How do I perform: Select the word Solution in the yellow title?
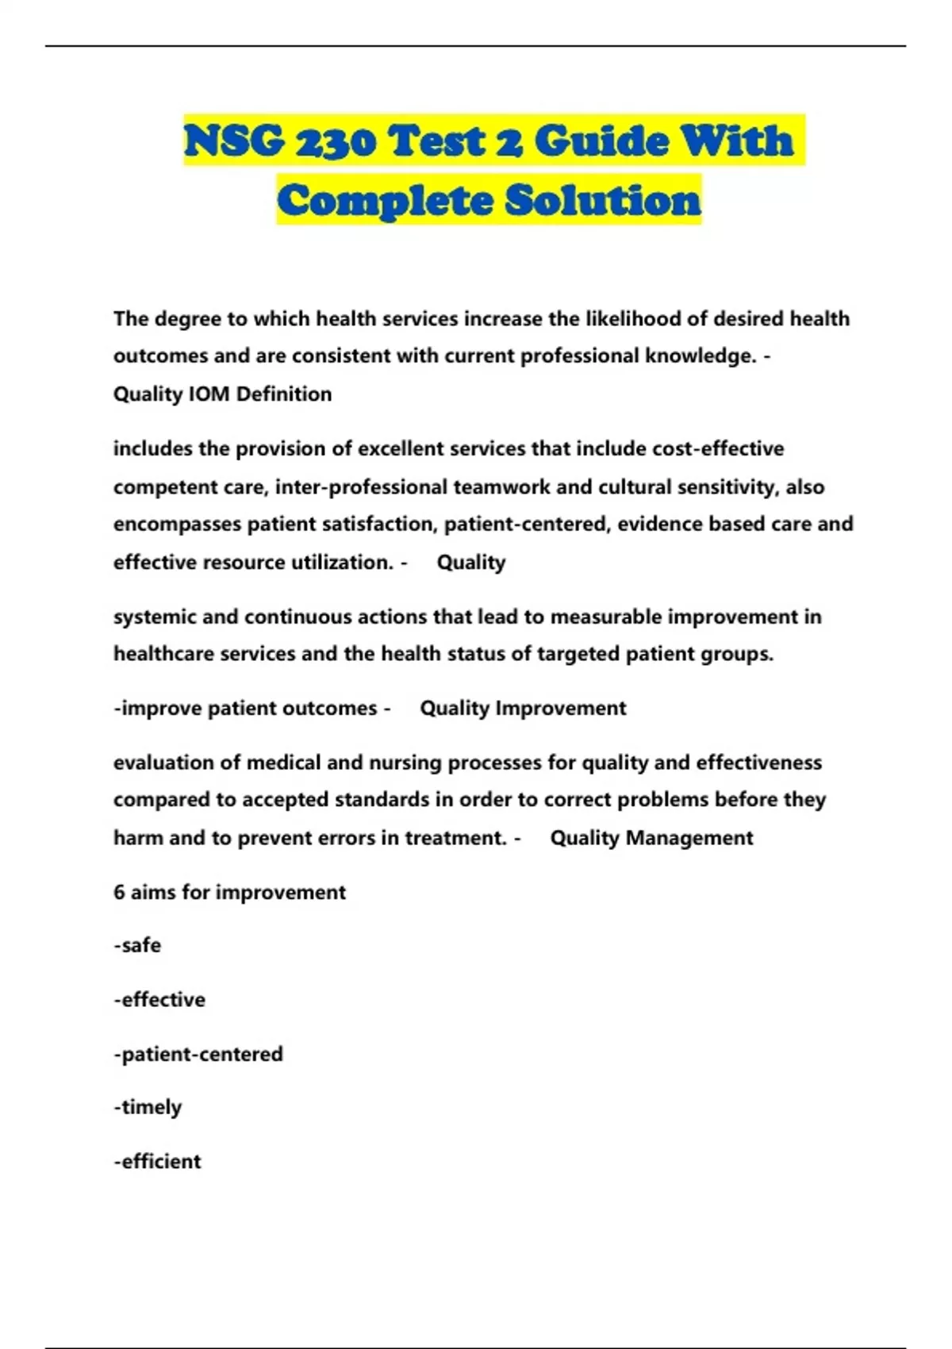[x=603, y=200]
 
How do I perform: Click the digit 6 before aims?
[x=119, y=893]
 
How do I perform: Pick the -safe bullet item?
[x=137, y=946]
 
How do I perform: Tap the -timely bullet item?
[x=148, y=1107]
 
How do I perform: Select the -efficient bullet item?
[x=157, y=1162]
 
